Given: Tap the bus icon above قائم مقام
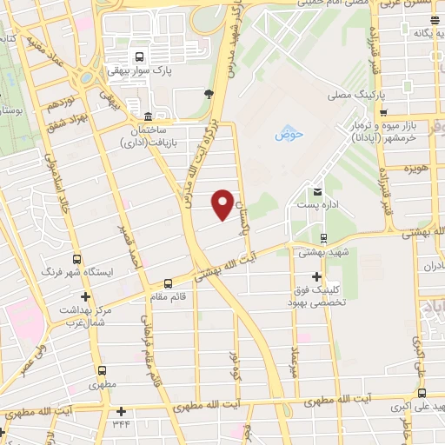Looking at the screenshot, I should (168, 283).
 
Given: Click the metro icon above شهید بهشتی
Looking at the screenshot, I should (323, 237).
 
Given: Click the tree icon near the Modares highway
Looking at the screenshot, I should (209, 91).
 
